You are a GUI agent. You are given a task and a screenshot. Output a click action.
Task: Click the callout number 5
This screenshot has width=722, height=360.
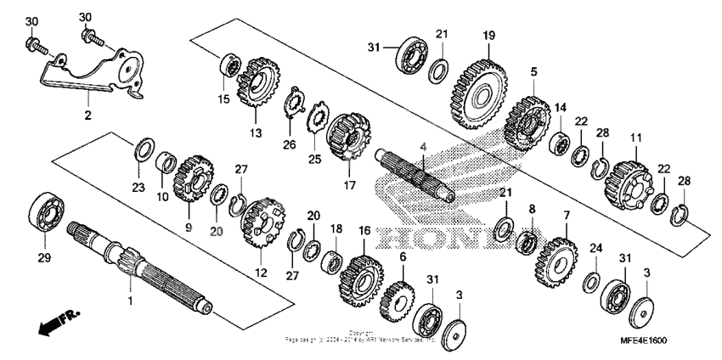coord(533,72)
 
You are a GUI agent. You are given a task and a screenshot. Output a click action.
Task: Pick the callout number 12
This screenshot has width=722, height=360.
coord(261,273)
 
